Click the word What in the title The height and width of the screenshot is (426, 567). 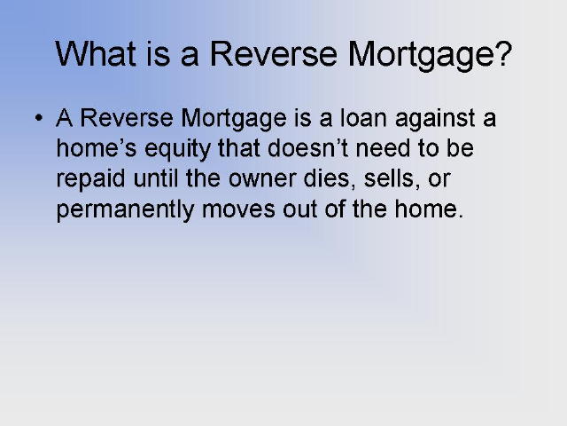96,53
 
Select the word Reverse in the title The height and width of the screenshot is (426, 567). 274,53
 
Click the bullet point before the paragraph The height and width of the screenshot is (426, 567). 39,118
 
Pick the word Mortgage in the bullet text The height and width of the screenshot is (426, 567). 234,119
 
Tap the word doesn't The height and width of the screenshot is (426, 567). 307,148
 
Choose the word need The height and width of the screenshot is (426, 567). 383,148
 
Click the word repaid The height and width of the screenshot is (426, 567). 90,179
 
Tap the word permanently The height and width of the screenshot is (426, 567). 126,210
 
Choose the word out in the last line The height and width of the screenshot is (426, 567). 299,210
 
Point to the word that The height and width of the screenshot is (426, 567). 239,148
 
